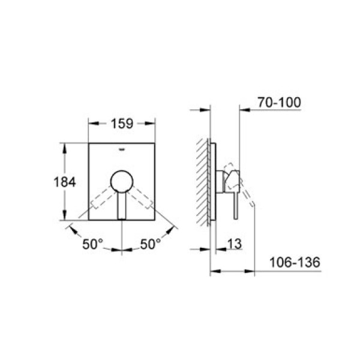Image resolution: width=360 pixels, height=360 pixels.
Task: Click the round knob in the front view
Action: tap(122, 181)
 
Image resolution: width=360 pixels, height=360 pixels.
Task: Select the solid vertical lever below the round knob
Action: tap(122, 206)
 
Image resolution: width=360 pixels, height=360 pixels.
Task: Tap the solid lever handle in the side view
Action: tap(235, 201)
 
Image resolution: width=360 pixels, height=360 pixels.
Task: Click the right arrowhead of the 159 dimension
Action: tap(153, 126)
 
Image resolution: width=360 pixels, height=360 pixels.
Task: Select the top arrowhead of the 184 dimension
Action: tap(64, 146)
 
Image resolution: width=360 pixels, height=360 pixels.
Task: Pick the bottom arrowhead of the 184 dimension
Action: tap(64, 217)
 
